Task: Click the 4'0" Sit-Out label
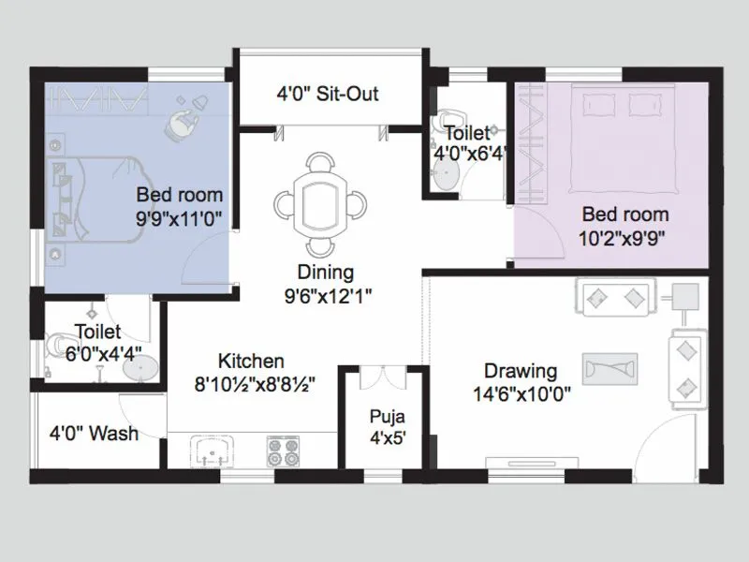coord(327,95)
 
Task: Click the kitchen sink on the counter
coord(214,453)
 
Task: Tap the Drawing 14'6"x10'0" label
coord(521,382)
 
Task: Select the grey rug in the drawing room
coord(609,366)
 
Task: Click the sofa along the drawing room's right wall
coord(687,366)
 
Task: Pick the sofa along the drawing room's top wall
coord(616,298)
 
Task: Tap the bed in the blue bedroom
coord(89,198)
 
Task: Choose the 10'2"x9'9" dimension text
coord(624,237)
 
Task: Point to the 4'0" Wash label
coord(94,434)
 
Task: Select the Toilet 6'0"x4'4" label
coord(97,341)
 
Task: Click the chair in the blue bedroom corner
coord(184,120)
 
